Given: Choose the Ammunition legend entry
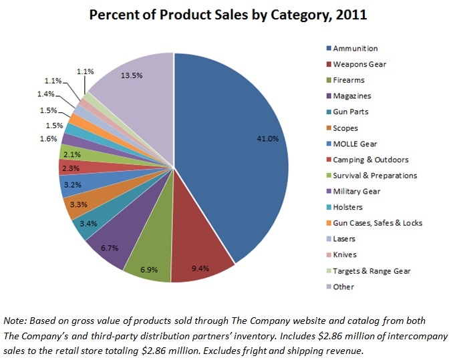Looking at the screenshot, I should [355, 49].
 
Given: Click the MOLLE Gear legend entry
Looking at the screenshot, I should [355, 144].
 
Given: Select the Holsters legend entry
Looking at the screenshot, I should [348, 207].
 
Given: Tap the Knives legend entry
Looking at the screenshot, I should [345, 254].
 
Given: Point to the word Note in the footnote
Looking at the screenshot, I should [15, 319].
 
